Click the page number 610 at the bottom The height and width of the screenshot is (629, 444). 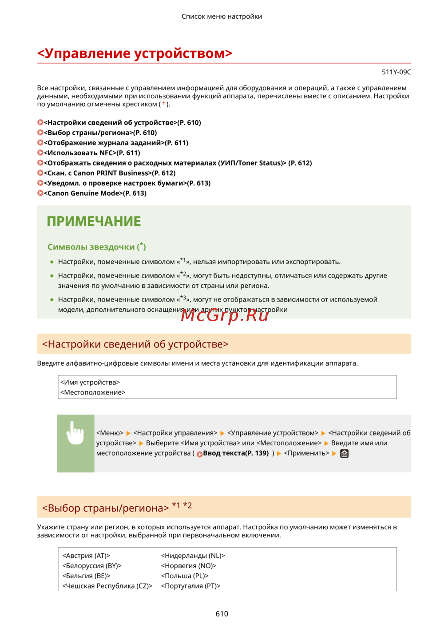pos(222,614)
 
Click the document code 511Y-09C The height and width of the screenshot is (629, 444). pos(396,72)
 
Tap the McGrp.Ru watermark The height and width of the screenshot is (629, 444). pos(225,315)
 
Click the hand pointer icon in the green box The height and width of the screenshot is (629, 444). pos(75,433)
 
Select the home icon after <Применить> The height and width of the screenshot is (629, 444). pos(344,454)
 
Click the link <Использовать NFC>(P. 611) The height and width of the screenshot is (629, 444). pos(92,153)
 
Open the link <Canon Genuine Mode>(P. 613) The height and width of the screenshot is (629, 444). pos(95,194)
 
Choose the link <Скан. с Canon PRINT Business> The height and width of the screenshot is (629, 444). pos(109,173)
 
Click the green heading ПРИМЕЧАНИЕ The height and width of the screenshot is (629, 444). pos(94,222)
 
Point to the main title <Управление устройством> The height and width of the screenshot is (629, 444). pos(135,53)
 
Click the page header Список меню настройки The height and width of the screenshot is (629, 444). pos(222,16)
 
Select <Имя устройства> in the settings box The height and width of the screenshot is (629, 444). pos(90,383)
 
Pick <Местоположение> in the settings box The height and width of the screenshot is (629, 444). pos(93,393)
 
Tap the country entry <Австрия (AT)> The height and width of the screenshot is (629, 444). pos(86,556)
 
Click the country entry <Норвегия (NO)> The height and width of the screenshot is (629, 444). pos(188,566)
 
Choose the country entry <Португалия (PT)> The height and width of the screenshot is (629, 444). pos(190,586)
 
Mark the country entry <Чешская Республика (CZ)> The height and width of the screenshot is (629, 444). pos(107,586)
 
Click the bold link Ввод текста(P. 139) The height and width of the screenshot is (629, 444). pos(235,453)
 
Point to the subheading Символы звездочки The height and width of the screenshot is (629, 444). pos(91,247)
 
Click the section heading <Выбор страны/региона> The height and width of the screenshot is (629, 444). pos(105,508)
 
